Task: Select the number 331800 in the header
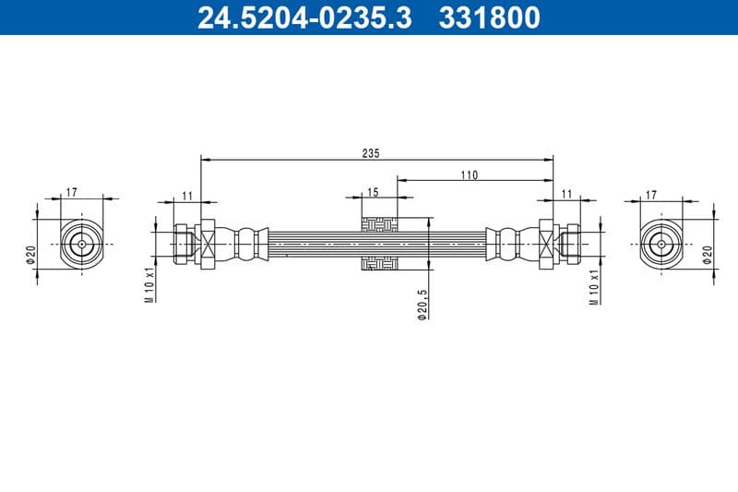[490, 17]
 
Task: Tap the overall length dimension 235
[371, 152]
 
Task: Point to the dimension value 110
[470, 174]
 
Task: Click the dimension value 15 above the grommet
[373, 192]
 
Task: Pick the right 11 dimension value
[566, 193]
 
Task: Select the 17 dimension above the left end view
[72, 193]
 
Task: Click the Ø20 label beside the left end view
[30, 254]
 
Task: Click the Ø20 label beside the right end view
[708, 254]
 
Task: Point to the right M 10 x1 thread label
[595, 285]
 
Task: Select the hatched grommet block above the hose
[379, 224]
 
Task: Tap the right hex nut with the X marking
[547, 245]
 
